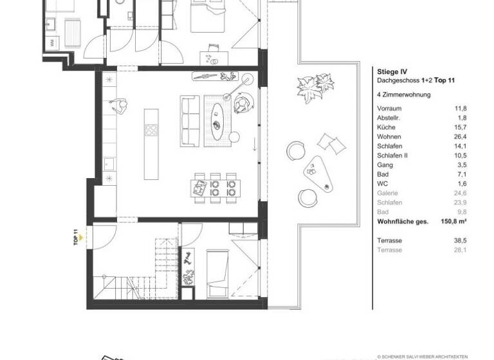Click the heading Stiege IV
pyautogui.click(x=391, y=72)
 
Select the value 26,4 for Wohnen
pyautogui.click(x=461, y=137)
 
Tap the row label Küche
pyautogui.click(x=386, y=127)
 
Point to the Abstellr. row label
pyautogui.click(x=390, y=118)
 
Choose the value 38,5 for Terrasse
pyautogui.click(x=461, y=240)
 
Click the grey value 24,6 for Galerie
pyautogui.click(x=461, y=193)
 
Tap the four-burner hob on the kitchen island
pyautogui.click(x=152, y=130)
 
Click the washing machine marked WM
pyautogui.click(x=51, y=42)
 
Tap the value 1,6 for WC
pyautogui.click(x=461, y=184)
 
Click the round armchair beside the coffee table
pyautogui.click(x=242, y=102)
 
